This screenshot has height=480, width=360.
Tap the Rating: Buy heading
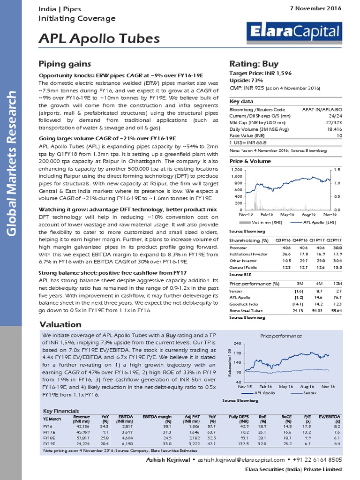(254, 64)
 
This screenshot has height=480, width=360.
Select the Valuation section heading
(60, 324)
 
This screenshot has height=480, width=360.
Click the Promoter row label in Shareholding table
(239, 247)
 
